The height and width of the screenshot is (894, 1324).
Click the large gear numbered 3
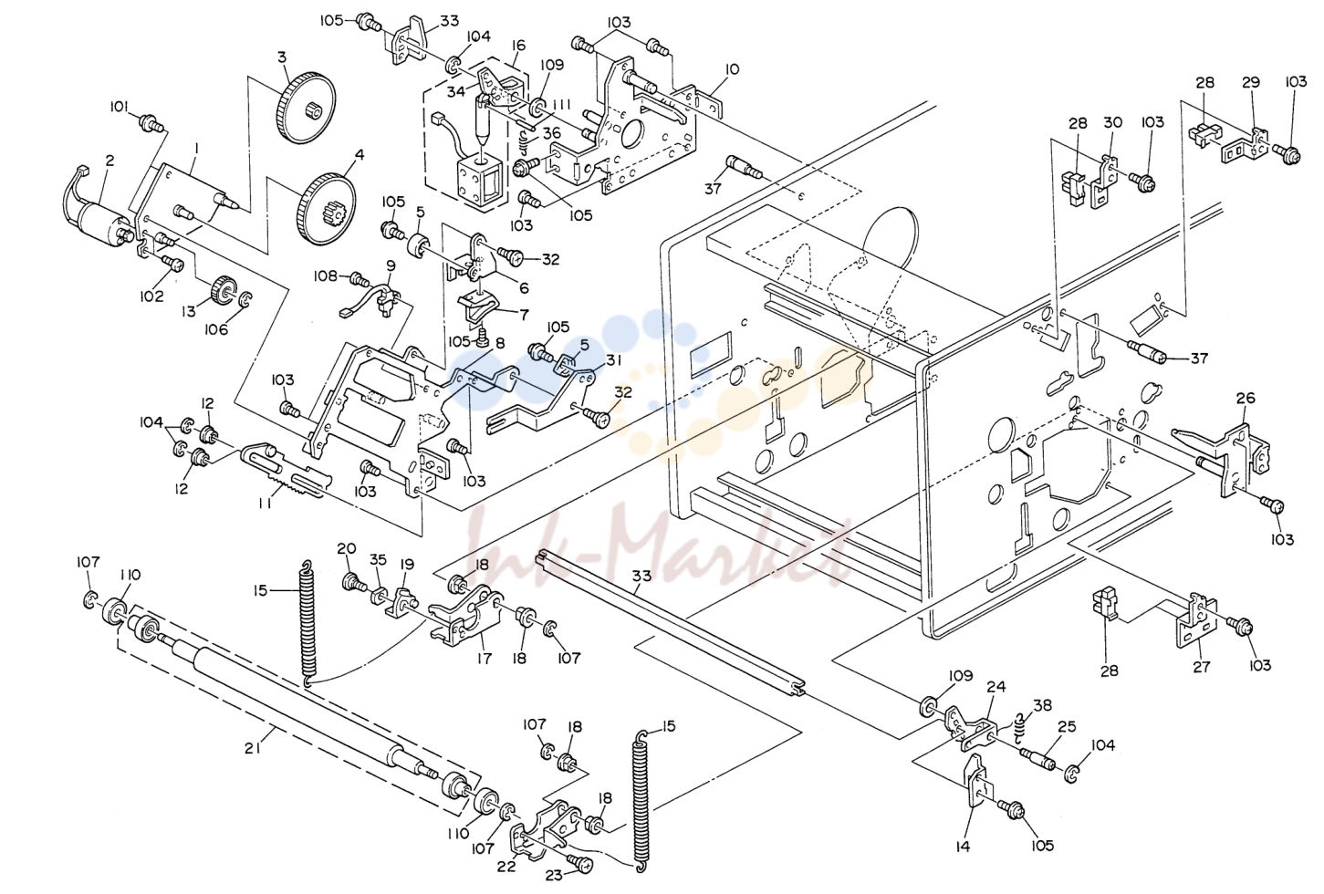point(305,108)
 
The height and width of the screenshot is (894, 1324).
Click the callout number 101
point(119,107)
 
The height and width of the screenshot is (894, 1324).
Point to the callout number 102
point(151,296)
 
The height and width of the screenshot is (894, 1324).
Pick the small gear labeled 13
point(223,290)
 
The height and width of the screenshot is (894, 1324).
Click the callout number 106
point(216,329)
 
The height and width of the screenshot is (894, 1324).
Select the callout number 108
point(325,275)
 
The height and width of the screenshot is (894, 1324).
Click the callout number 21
point(253,748)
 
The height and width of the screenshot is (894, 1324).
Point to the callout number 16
point(519,46)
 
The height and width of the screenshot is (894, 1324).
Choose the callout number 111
point(562,105)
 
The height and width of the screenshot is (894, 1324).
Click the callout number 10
point(732,69)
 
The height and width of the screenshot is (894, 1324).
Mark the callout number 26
point(1246,399)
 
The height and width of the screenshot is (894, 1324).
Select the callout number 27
point(1202,667)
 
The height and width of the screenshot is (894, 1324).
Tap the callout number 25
point(1067,727)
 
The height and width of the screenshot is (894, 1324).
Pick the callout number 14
point(963,847)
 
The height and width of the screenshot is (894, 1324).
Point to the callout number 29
point(1251,82)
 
